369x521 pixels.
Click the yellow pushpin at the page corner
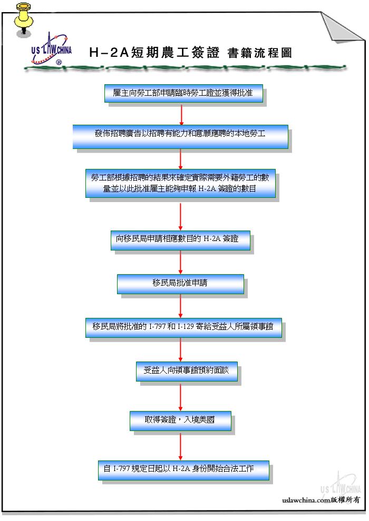[x=23, y=19]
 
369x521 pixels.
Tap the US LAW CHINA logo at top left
[x=52, y=49]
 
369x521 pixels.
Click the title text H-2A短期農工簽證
[x=155, y=53]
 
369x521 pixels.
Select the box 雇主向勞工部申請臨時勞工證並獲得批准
[x=183, y=93]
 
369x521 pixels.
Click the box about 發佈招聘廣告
[x=180, y=137]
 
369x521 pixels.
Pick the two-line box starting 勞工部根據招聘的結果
[x=180, y=184]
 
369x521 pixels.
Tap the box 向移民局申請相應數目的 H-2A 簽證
[x=180, y=240]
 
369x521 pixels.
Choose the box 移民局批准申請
[x=180, y=284]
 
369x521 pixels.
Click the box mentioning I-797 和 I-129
[x=183, y=328]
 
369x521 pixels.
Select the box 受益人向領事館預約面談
[x=187, y=372]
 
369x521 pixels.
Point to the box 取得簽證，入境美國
[x=180, y=421]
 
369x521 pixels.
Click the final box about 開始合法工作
[x=183, y=470]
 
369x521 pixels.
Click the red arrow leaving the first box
[x=181, y=115]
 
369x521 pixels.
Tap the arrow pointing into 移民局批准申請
[x=180, y=262]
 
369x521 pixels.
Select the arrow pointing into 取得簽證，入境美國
[x=180, y=398]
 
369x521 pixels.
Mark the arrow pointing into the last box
[x=180, y=447]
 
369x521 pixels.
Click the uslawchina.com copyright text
[x=321, y=500]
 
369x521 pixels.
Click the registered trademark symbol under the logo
[x=59, y=62]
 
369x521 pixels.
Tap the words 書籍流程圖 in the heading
[x=260, y=53]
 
